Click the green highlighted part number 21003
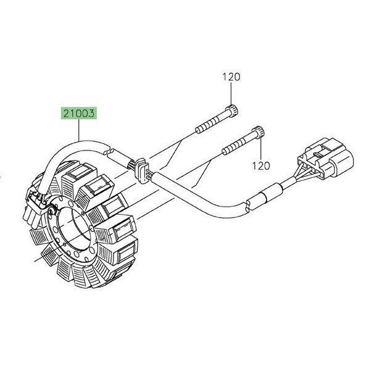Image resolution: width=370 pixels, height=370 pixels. pos(79,113)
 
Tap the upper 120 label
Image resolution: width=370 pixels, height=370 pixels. pos(231,77)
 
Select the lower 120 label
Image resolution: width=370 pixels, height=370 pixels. pos(261,166)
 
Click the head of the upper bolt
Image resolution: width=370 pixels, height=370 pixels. pos(232,110)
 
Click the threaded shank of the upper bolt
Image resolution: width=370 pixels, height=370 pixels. pos(212,123)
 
